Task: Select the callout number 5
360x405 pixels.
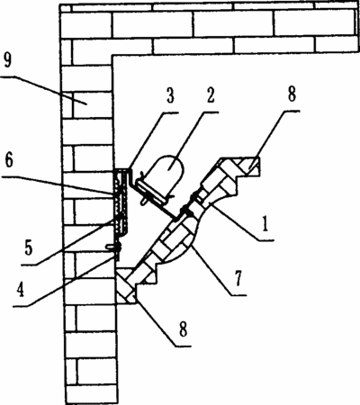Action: point(29,247)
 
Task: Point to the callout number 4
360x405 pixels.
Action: point(20,289)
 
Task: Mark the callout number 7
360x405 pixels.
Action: point(238,278)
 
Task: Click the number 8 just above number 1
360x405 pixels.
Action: point(292,94)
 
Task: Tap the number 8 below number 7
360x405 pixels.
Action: point(183,328)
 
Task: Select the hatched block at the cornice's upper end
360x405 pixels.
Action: point(245,167)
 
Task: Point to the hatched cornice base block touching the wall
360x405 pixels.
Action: point(126,286)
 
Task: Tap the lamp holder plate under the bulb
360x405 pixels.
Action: point(151,191)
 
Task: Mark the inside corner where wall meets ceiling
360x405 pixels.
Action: point(112,56)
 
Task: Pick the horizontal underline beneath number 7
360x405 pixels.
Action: point(236,295)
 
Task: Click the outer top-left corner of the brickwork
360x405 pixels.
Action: point(60,4)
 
